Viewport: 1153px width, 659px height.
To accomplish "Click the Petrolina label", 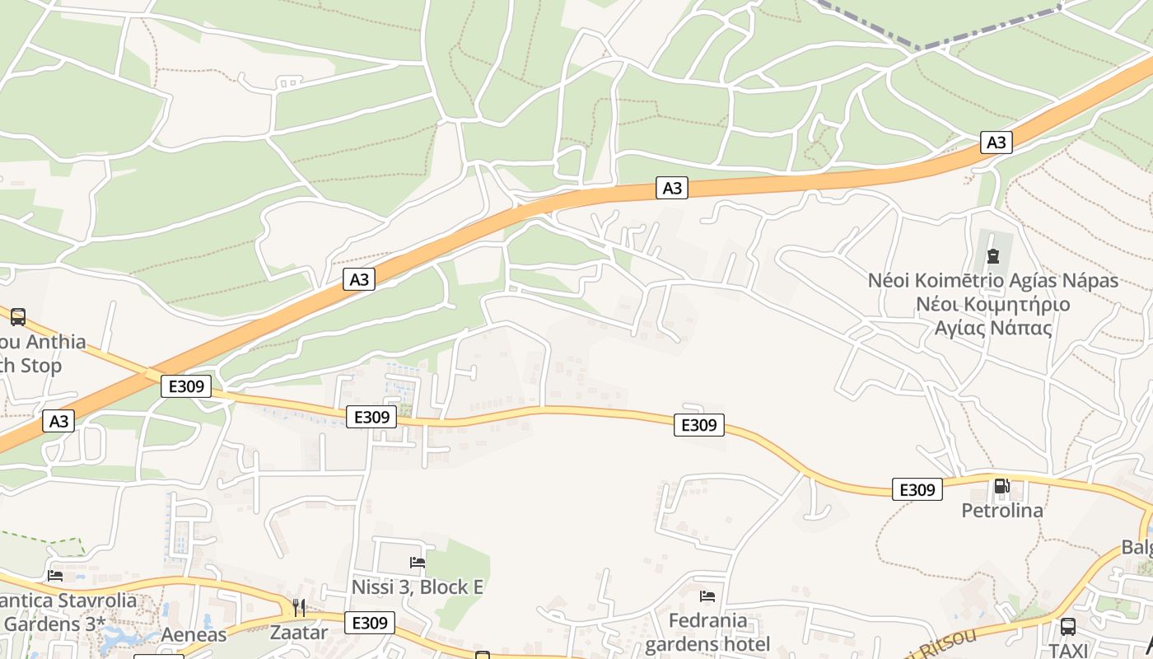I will pos(1002,511).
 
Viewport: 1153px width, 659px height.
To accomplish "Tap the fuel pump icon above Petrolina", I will pos(1001,486).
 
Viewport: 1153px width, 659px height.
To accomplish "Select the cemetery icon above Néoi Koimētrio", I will pos(992,256).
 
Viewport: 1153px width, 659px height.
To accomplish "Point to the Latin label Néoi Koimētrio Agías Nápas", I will pos(993,281).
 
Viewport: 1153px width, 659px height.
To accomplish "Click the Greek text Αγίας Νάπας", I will pos(993,328).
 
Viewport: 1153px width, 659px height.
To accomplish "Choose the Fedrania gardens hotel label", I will pos(707,632).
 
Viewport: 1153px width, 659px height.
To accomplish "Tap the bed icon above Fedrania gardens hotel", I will pos(707,596).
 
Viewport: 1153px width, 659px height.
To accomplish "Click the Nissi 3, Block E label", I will pos(418,587).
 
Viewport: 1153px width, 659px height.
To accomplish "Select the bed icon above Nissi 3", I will pos(418,563).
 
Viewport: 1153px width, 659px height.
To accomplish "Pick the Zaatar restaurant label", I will pos(299,633).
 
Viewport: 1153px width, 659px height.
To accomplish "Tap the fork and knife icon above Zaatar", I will pos(299,608).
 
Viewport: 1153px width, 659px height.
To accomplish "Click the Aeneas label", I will pos(194,634).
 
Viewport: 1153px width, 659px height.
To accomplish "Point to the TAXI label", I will pos(1068,649).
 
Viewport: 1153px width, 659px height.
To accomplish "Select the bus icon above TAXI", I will pos(1068,626).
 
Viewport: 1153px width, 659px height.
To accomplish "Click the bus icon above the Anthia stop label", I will pos(18,316).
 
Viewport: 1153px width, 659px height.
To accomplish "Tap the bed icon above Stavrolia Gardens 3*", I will pos(55,575).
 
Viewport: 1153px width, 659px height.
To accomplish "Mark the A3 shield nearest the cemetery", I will pos(997,143).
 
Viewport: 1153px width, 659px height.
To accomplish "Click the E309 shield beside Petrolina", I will pos(917,489).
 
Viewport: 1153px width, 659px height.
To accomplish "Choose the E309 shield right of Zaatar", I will pos(370,623).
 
